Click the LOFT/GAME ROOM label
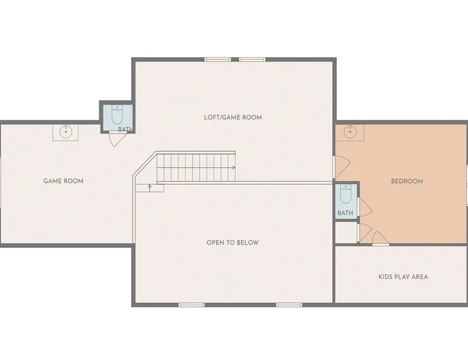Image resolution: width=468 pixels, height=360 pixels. (x=233, y=117)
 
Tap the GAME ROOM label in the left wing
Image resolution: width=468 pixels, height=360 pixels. (x=63, y=181)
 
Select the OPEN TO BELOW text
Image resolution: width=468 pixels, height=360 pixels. (x=233, y=242)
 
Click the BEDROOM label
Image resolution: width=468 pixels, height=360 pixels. (x=407, y=182)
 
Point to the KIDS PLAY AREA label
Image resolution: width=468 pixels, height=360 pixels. (x=403, y=277)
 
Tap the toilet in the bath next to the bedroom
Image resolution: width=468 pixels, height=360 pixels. (x=346, y=194)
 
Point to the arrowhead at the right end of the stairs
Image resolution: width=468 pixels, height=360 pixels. (x=234, y=168)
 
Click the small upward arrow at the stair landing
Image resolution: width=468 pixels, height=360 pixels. (x=150, y=188)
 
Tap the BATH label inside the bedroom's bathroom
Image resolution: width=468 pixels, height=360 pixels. (x=345, y=213)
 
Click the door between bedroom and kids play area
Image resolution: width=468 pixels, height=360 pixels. (x=380, y=239)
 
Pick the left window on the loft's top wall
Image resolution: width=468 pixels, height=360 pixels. (x=218, y=59)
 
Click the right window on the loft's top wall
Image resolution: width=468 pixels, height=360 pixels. (x=252, y=59)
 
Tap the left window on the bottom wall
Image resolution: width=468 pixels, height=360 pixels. (x=192, y=305)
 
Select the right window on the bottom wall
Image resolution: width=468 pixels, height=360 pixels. (x=289, y=305)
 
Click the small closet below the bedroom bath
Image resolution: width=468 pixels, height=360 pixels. (x=346, y=233)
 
